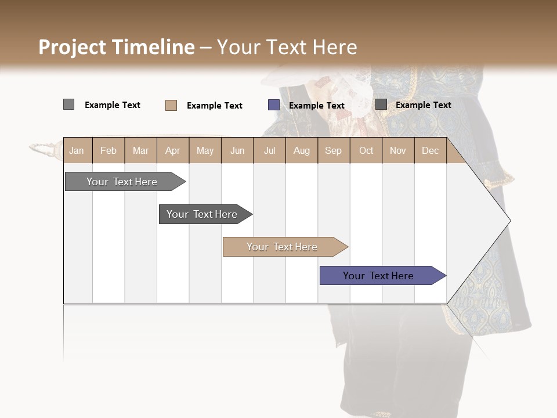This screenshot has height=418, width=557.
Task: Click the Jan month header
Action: click(77, 150)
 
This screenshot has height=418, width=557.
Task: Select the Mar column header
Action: click(140, 150)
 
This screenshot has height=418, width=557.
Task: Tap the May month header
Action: click(205, 150)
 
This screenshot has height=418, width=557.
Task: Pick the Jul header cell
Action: click(269, 150)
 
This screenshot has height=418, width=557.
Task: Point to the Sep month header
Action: click(333, 150)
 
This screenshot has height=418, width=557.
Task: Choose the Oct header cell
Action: click(366, 150)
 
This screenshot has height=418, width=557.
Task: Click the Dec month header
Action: click(430, 150)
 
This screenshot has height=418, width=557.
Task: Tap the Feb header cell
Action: click(108, 150)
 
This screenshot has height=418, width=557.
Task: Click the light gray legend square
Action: click(68, 105)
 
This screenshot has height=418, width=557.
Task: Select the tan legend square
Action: click(171, 105)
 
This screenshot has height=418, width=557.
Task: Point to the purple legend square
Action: click(273, 105)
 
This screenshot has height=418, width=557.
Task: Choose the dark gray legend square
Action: click(381, 105)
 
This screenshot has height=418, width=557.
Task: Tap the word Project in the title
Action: click(73, 47)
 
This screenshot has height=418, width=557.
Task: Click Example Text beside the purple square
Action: click(316, 106)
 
